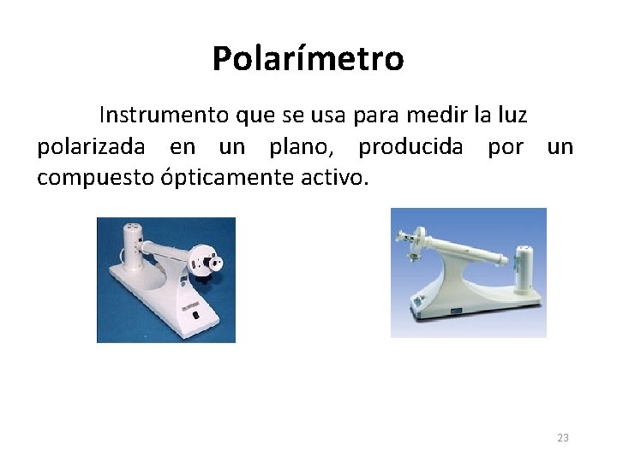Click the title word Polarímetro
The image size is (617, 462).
(x=308, y=59)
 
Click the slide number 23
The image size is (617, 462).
(x=563, y=438)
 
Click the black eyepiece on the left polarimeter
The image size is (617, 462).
(x=218, y=258)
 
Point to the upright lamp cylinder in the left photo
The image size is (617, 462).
(x=132, y=243)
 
